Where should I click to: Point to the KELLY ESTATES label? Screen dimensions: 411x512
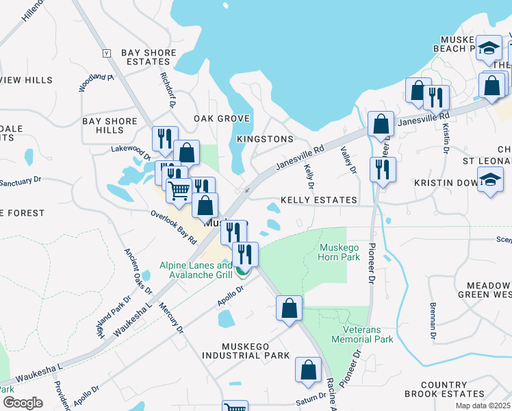pyautogui.click(x=318, y=200)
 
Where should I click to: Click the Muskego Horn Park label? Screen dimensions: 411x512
pyautogui.click(x=339, y=252)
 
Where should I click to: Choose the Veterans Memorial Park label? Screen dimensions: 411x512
pyautogui.click(x=362, y=334)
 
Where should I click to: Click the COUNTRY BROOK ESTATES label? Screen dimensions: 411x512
pyautogui.click(x=444, y=389)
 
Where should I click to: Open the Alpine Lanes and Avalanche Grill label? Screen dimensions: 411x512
pyautogui.click(x=196, y=271)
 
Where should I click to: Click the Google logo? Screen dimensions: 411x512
pyautogui.click(x=23, y=403)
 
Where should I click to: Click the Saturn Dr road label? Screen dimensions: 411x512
pyautogui.click(x=311, y=397)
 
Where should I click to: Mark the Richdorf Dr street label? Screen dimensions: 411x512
pyautogui.click(x=168, y=91)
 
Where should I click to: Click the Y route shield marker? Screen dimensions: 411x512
pyautogui.click(x=106, y=53)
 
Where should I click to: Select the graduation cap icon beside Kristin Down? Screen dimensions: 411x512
pyautogui.click(x=490, y=180)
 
